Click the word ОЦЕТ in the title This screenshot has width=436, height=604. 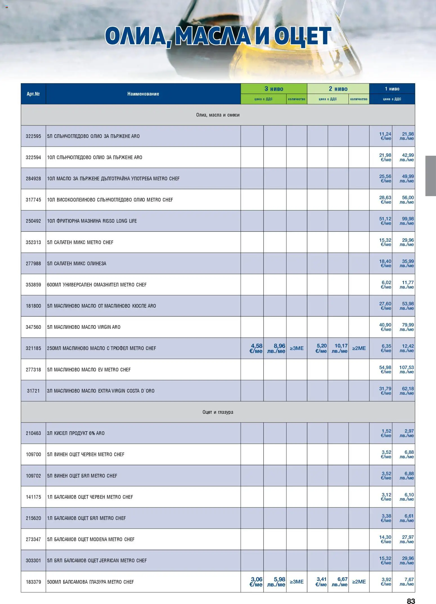[302, 36]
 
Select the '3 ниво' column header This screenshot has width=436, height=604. [274, 89]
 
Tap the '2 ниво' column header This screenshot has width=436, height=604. [338, 89]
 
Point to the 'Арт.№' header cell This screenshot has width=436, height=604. [33, 94]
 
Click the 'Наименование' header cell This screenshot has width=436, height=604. [143, 94]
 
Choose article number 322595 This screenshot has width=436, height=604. [33, 136]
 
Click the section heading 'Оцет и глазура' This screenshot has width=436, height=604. [218, 412]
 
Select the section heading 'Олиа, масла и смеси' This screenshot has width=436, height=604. [218, 115]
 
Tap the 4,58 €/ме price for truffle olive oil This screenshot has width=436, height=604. [256, 348]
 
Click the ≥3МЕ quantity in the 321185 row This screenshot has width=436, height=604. [296, 348]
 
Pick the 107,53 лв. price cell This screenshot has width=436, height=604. [406, 369]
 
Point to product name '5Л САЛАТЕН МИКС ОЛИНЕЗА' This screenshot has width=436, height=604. [77, 263]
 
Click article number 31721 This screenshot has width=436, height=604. [33, 391]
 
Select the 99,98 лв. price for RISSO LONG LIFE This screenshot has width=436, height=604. [407, 221]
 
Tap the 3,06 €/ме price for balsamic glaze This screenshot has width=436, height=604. [256, 581]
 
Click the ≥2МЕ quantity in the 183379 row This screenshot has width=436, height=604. [359, 581]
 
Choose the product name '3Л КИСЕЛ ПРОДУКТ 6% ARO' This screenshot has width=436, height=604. [76, 433]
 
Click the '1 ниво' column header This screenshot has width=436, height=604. [392, 89]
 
